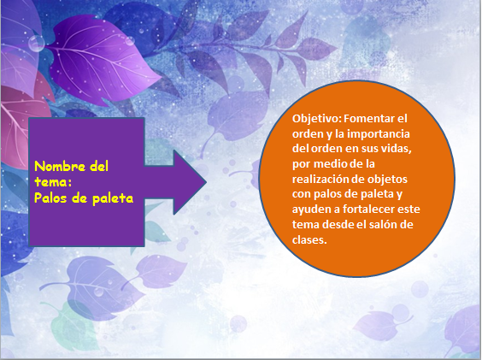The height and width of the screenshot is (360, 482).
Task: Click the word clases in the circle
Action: point(309,239)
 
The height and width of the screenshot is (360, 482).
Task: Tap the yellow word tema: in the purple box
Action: point(53,182)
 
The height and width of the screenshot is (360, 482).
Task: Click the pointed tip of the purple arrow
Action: point(206,182)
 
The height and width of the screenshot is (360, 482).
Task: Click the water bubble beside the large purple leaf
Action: point(37,44)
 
